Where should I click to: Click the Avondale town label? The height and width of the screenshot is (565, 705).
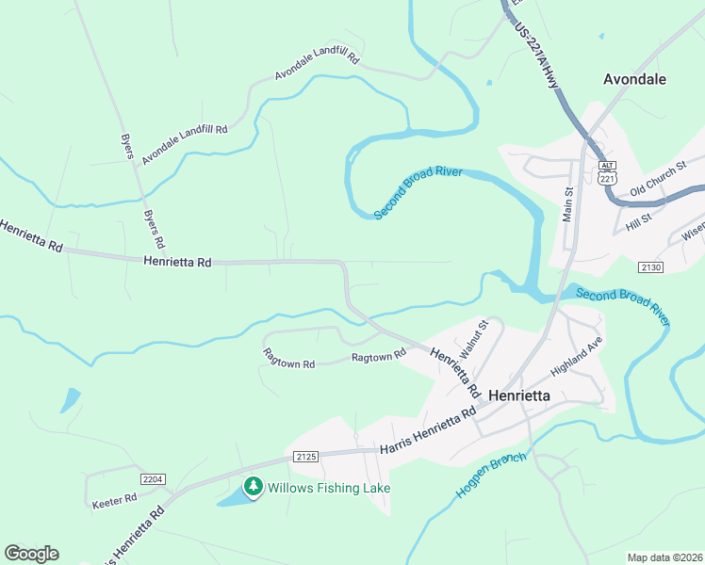(x=634, y=80)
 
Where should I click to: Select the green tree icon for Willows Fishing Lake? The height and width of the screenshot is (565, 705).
(x=253, y=487)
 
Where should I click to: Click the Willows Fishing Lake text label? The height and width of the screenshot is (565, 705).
(x=329, y=488)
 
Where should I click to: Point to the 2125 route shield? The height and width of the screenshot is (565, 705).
(x=305, y=457)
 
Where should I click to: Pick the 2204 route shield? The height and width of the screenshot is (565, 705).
(x=153, y=479)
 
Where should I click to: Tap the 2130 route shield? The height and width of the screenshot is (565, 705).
(x=650, y=268)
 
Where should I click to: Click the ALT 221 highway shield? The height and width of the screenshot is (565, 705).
(x=607, y=172)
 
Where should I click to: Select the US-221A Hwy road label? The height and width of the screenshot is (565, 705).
(x=537, y=56)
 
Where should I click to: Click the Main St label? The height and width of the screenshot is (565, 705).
(x=568, y=204)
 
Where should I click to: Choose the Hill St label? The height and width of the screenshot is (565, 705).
(x=639, y=222)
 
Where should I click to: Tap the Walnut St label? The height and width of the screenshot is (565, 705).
(x=473, y=340)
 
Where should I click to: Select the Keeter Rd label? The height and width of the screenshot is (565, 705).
(x=115, y=503)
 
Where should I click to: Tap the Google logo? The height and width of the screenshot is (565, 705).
(x=31, y=554)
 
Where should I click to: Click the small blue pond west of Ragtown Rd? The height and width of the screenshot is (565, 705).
(x=70, y=400)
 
